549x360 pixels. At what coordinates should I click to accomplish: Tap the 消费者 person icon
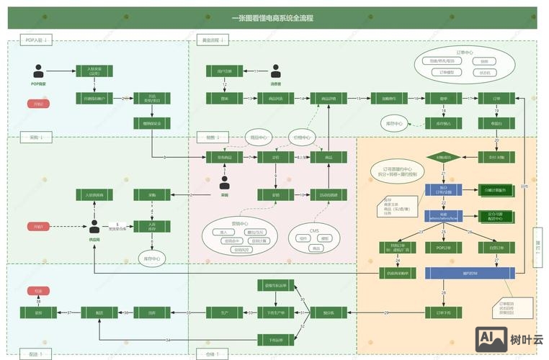(x=275, y=71)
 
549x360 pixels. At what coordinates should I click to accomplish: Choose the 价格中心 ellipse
(x=302, y=137)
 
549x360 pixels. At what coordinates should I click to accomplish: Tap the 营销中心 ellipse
(x=239, y=237)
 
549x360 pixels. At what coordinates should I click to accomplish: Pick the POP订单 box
(x=444, y=247)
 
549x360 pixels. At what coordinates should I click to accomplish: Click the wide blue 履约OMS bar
(x=468, y=273)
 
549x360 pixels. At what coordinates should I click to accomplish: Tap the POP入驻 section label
(x=34, y=40)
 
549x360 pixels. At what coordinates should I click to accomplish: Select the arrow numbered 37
(x=69, y=312)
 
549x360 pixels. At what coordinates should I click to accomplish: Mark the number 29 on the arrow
(x=386, y=312)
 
